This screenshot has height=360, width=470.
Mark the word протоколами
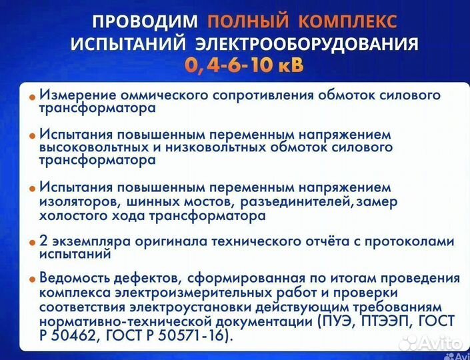coord(411,241)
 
